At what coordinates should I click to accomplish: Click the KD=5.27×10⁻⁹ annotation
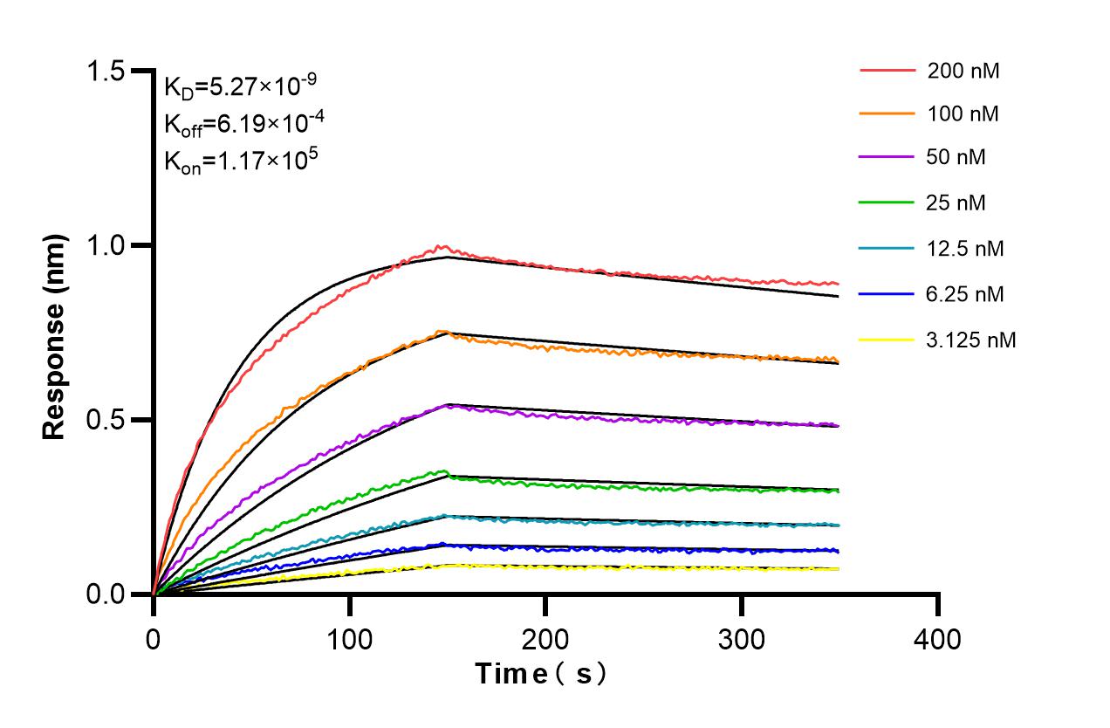coord(240,86)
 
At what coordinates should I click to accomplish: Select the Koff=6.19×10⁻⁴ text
coord(240,123)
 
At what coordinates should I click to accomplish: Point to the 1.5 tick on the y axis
coord(110,71)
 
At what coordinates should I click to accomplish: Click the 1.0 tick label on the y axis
coord(110,245)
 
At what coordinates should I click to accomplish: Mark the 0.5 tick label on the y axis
coord(110,420)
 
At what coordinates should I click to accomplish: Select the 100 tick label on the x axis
coord(349,640)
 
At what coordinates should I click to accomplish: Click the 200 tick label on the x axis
coord(545,640)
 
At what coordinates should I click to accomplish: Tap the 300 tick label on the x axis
coord(742,640)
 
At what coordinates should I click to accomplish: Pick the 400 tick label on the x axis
coord(938,640)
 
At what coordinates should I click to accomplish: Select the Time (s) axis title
coord(540,674)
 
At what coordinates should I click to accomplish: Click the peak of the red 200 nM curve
coord(443,246)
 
